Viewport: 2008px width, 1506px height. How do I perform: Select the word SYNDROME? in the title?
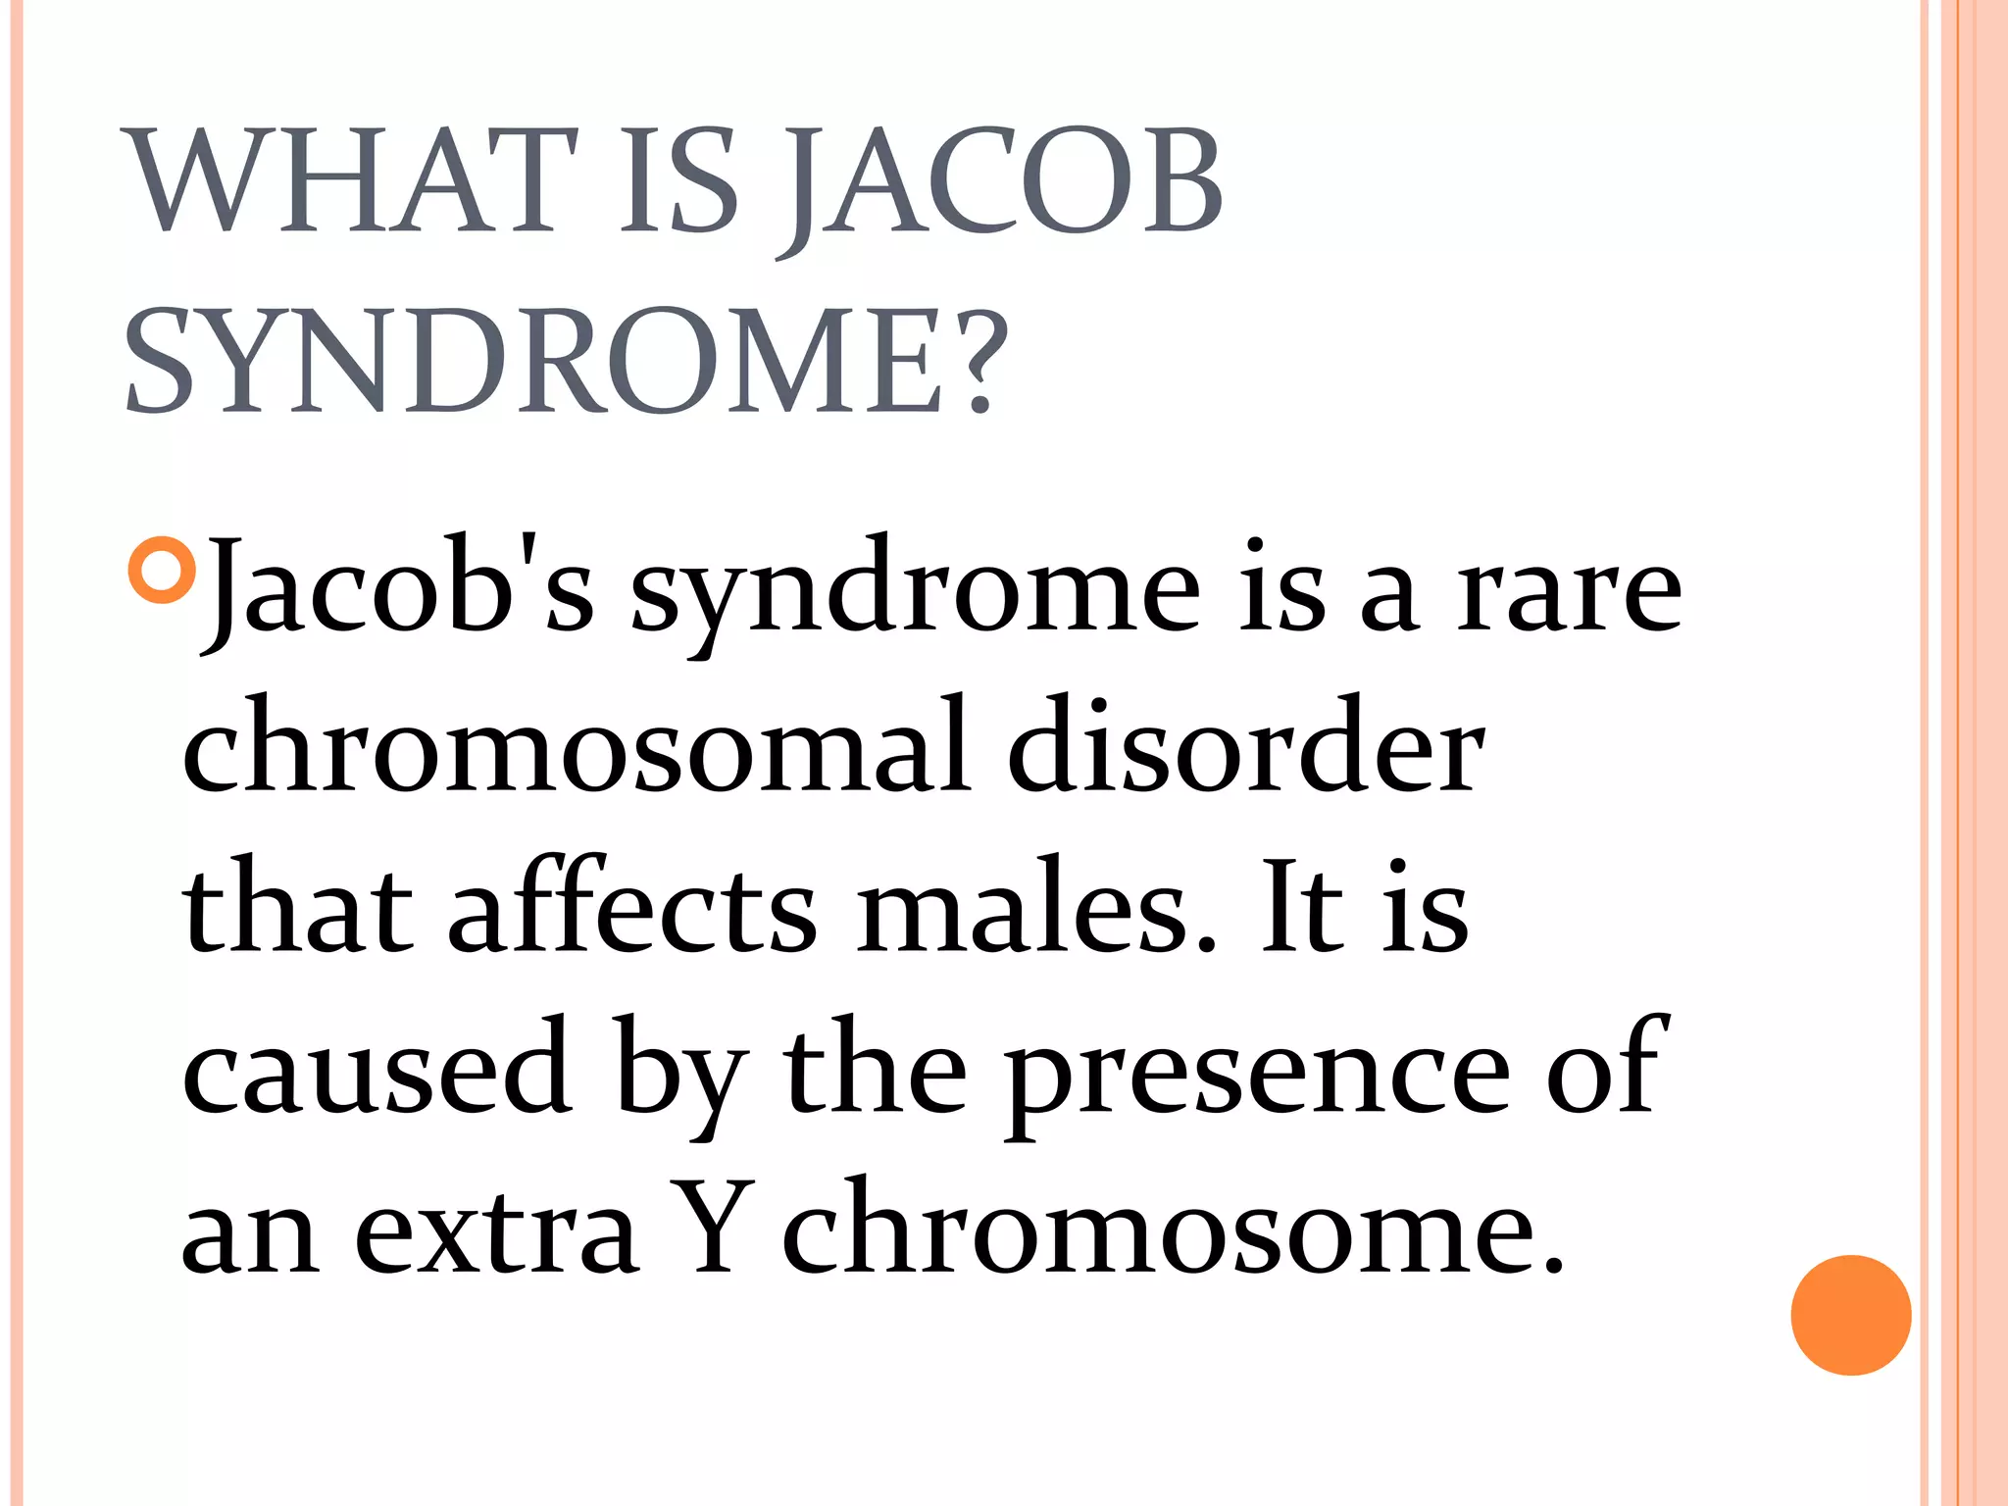point(567,360)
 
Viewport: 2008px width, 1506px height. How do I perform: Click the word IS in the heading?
point(678,183)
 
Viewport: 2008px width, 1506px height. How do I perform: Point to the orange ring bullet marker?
point(162,570)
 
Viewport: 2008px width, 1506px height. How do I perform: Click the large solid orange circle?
point(1850,1315)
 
